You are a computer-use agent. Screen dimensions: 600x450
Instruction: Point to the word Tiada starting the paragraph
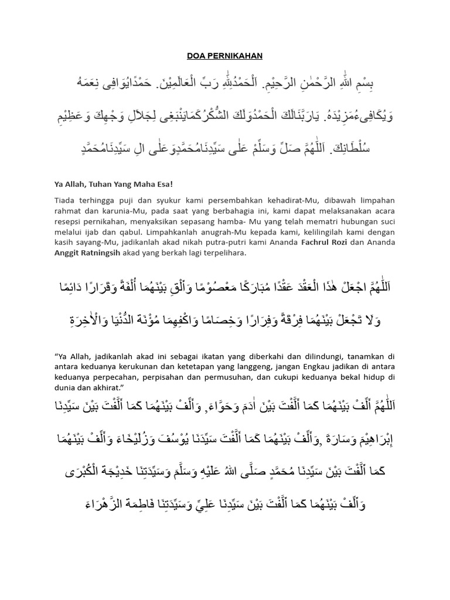(65, 200)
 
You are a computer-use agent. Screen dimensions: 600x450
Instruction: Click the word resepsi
(70, 221)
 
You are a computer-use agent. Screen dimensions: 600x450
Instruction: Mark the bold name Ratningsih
(110, 254)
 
